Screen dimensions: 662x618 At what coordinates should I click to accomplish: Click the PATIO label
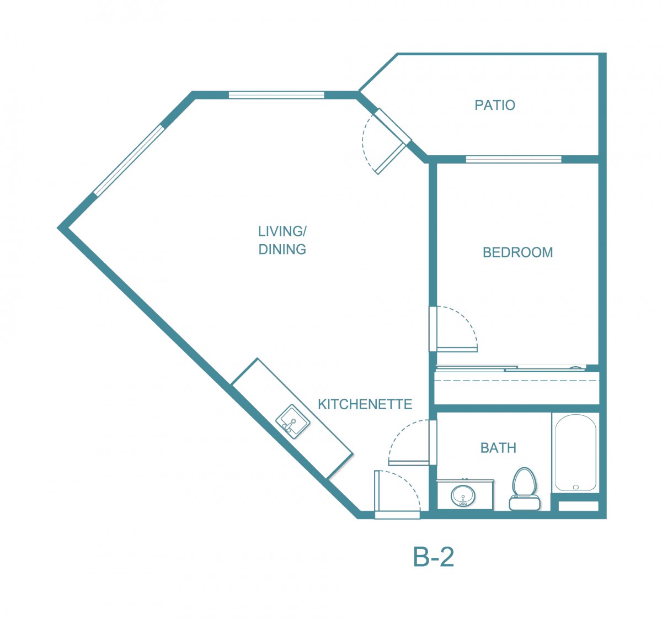pyautogui.click(x=495, y=105)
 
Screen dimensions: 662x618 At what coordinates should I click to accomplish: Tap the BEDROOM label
pyautogui.click(x=517, y=252)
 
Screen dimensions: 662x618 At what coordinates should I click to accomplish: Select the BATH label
pyautogui.click(x=498, y=448)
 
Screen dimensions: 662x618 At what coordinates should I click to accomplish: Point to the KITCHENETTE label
pyautogui.click(x=365, y=404)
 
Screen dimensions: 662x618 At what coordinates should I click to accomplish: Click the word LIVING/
pyautogui.click(x=282, y=231)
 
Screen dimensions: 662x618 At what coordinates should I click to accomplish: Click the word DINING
pyautogui.click(x=282, y=250)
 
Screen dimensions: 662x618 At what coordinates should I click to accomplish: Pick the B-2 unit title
pyautogui.click(x=434, y=557)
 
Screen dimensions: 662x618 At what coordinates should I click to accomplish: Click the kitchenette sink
pyautogui.click(x=293, y=422)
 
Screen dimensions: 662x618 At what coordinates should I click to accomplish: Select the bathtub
pyautogui.click(x=575, y=453)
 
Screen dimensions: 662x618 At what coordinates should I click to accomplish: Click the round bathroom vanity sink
pyautogui.click(x=463, y=495)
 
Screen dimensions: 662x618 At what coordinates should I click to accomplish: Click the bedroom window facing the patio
pyautogui.click(x=514, y=160)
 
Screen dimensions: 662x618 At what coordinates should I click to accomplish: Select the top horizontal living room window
pyautogui.click(x=276, y=95)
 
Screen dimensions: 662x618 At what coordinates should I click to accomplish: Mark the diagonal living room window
pyautogui.click(x=129, y=160)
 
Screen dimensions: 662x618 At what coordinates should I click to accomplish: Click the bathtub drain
pyautogui.click(x=576, y=487)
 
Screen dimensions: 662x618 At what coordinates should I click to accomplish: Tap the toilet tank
pyautogui.click(x=525, y=503)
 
